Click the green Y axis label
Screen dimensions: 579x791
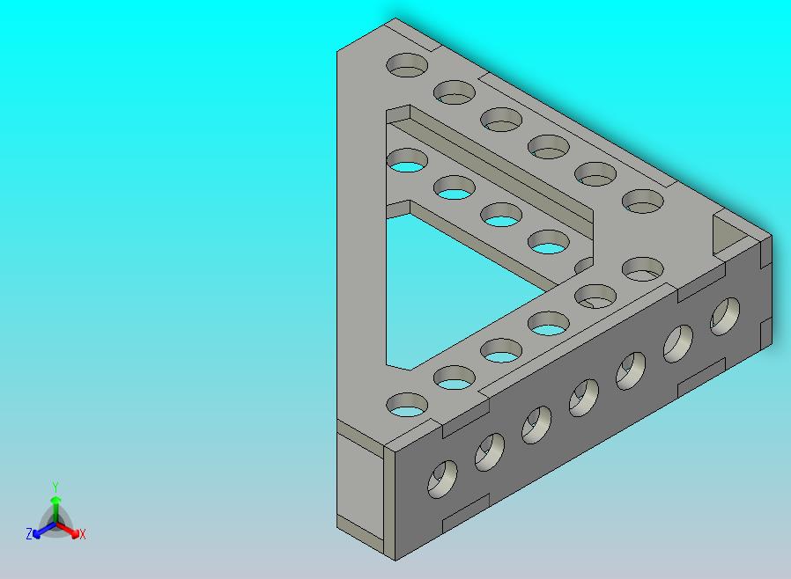(x=55, y=487)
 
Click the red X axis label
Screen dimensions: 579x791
(x=82, y=534)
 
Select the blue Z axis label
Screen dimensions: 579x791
(x=29, y=533)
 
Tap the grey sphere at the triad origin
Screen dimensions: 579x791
(x=55, y=524)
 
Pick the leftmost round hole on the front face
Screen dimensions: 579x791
(x=442, y=478)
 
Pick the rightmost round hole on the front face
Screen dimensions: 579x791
(x=726, y=316)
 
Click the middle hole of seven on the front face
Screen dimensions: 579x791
(x=584, y=397)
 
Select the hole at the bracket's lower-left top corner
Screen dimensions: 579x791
(x=408, y=405)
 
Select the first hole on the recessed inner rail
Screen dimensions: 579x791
(x=407, y=161)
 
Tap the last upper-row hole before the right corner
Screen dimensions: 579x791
(x=643, y=202)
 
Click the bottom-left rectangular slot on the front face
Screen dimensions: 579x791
(x=465, y=514)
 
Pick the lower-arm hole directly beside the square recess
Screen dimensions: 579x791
(x=644, y=268)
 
